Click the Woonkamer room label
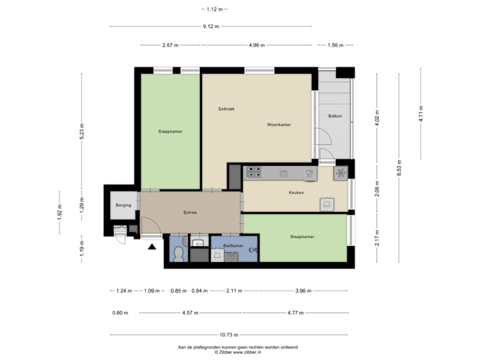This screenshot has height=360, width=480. pyautogui.click(x=279, y=125)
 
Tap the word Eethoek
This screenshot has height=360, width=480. pyautogui.click(x=227, y=109)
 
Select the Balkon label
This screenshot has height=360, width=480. pyautogui.click(x=335, y=116)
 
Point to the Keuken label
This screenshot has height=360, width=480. pyautogui.click(x=296, y=193)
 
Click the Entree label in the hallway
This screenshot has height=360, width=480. pyautogui.click(x=190, y=212)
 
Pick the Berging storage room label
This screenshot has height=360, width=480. pyautogui.click(x=123, y=205)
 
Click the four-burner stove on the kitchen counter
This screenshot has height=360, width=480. pyautogui.click(x=254, y=173)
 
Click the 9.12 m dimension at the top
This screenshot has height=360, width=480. pyautogui.click(x=211, y=27)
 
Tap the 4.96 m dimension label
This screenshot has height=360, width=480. pyautogui.click(x=256, y=45)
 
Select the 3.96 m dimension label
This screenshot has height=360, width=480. pyautogui.click(x=303, y=291)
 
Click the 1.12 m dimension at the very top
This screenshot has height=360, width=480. pyautogui.click(x=213, y=9)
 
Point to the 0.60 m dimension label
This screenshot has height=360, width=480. pyautogui.click(x=120, y=312)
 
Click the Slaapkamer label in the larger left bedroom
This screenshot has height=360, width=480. pyautogui.click(x=171, y=131)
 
